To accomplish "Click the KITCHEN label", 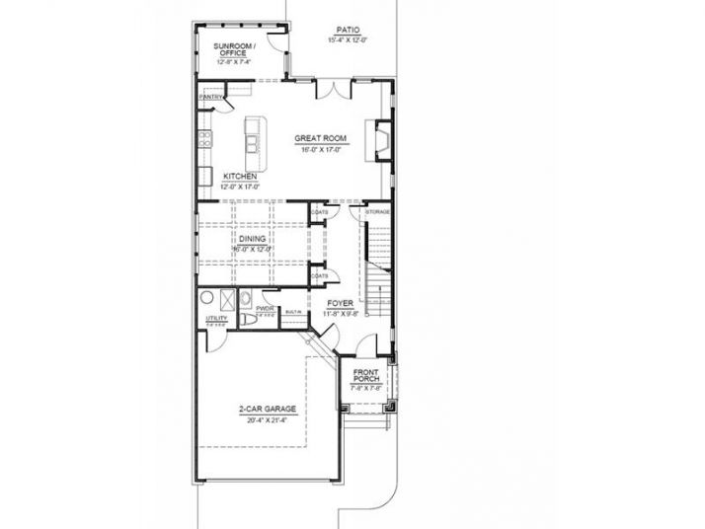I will coord(239,177).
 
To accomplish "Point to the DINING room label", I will coord(252,239).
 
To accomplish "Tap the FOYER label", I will coord(341,304).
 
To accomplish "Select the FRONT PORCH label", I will coord(367,375).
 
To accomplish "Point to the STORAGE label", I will coord(378,212).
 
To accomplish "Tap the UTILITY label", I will coord(216,318).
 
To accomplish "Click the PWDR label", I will coord(264,308).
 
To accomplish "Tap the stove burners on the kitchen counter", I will coord(205,138).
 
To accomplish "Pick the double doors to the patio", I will coord(332,89).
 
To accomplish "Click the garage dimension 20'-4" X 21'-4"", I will coord(262,420).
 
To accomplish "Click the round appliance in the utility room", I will coord(208,299).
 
